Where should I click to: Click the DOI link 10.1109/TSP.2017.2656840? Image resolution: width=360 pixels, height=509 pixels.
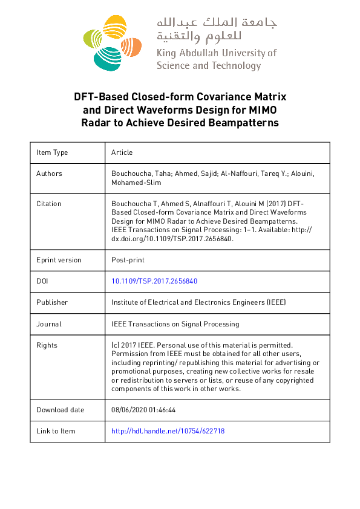(x=155, y=281)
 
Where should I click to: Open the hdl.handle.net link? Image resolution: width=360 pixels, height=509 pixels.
(x=168, y=431)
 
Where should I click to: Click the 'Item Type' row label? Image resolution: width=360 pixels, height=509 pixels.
(x=52, y=152)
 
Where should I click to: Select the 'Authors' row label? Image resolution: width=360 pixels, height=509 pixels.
(x=49, y=173)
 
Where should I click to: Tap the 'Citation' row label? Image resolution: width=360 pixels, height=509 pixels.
(x=49, y=204)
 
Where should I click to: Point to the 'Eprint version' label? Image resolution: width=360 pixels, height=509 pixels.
(x=59, y=260)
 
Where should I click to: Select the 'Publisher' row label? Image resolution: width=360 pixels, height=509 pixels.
(x=52, y=302)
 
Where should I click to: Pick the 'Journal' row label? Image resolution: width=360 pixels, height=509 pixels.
(x=48, y=324)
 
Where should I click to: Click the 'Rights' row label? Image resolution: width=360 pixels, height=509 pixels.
(x=47, y=345)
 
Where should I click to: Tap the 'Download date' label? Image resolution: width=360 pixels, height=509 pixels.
(x=60, y=410)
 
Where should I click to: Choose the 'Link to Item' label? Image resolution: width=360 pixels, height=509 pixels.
(x=56, y=431)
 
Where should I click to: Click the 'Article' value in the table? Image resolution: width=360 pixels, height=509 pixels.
(x=122, y=152)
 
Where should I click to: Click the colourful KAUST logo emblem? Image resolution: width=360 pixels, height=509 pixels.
(x=113, y=42)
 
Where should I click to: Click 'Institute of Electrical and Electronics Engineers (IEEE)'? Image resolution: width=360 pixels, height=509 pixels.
(x=198, y=302)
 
